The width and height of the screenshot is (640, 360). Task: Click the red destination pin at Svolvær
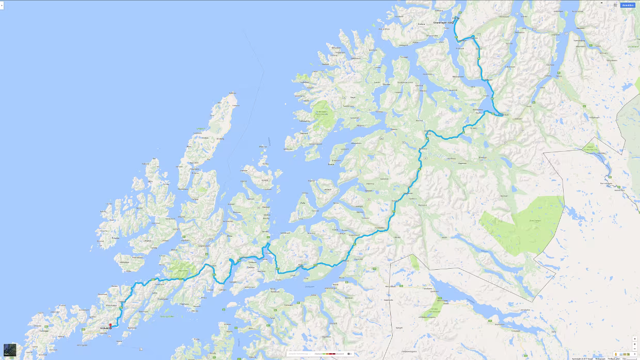click(110, 326)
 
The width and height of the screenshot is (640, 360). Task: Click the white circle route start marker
click(454, 22)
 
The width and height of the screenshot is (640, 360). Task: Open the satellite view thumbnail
click(10, 350)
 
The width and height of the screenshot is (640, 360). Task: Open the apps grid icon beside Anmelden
click(615, 5)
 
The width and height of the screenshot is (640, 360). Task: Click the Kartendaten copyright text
click(583, 358)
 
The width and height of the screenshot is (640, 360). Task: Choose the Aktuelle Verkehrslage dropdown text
click(300, 354)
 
